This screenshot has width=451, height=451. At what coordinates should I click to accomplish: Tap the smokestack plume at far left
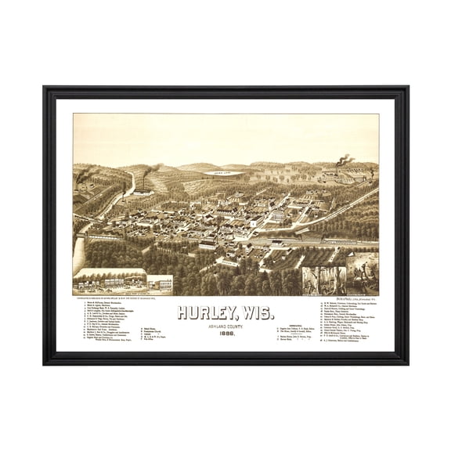pyautogui.click(x=84, y=175)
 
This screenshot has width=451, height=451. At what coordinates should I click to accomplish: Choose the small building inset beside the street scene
pyautogui.click(x=161, y=283)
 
